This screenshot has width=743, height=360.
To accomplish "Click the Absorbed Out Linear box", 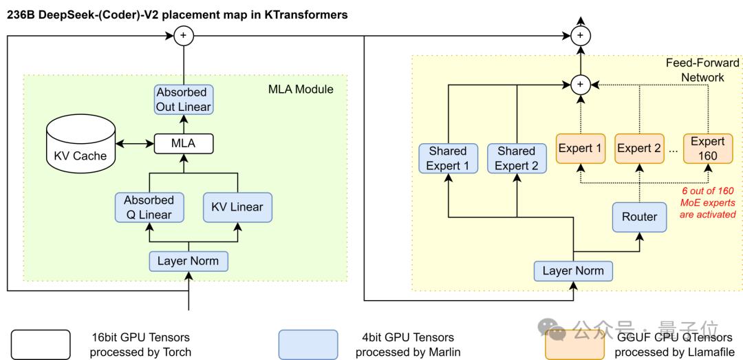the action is pos(184,99).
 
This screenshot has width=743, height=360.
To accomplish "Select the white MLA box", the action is pos(184,143).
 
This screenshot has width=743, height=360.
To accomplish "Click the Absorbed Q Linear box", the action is pos(150,207).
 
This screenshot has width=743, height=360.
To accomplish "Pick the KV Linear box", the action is pos(237,207).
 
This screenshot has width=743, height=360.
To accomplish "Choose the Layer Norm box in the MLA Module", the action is pos(189,261).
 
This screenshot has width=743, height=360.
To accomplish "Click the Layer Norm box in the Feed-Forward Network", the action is pos(573,271).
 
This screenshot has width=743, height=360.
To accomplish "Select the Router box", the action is pos(639,218).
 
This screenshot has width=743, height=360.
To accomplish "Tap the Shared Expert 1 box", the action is pos(448,158).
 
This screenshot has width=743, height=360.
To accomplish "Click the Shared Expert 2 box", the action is pos(517,158).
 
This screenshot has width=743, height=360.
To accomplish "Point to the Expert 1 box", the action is pos(580,149).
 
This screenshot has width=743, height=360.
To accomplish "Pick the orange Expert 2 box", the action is pos(639,149).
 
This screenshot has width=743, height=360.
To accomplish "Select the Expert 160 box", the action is pos(707,149).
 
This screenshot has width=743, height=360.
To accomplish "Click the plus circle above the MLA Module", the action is pos(184,36).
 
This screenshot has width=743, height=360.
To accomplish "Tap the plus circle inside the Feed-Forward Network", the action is pos(580,85).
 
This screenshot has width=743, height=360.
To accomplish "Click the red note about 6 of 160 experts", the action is pos(707,202).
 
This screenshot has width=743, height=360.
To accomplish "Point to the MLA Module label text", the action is pos(301,89).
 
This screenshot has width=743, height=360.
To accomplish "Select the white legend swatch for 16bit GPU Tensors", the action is pos(41,345).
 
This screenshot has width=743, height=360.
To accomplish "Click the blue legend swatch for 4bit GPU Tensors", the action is pos(308,345).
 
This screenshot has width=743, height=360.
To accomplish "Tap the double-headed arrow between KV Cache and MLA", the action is pos(136,143).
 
